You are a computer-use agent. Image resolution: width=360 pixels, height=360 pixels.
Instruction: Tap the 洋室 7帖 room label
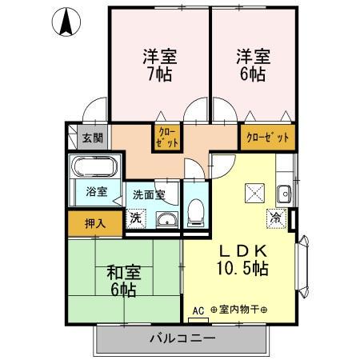pyautogui.click(x=160, y=66)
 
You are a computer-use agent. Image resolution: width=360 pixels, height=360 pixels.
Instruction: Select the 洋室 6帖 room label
pyautogui.click(x=252, y=66)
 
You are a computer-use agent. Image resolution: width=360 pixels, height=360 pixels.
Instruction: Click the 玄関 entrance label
pyautogui.click(x=92, y=138)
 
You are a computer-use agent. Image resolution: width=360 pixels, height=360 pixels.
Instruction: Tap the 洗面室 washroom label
pyautogui.click(x=149, y=194)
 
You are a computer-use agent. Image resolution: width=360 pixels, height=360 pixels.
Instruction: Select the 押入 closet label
pyautogui.click(x=94, y=222)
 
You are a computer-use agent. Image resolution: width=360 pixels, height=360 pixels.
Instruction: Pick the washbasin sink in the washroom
pyautogui.click(x=166, y=219)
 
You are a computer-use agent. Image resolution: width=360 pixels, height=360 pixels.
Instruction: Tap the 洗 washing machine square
pyautogui.click(x=136, y=218)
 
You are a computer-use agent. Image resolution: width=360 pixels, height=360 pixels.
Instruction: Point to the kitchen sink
pyautogui.click(x=283, y=193)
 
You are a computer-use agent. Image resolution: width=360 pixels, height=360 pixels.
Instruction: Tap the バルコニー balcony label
pyautogui.click(x=182, y=338)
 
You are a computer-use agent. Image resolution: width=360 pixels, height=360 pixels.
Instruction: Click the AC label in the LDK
pyautogui.click(x=198, y=310)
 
